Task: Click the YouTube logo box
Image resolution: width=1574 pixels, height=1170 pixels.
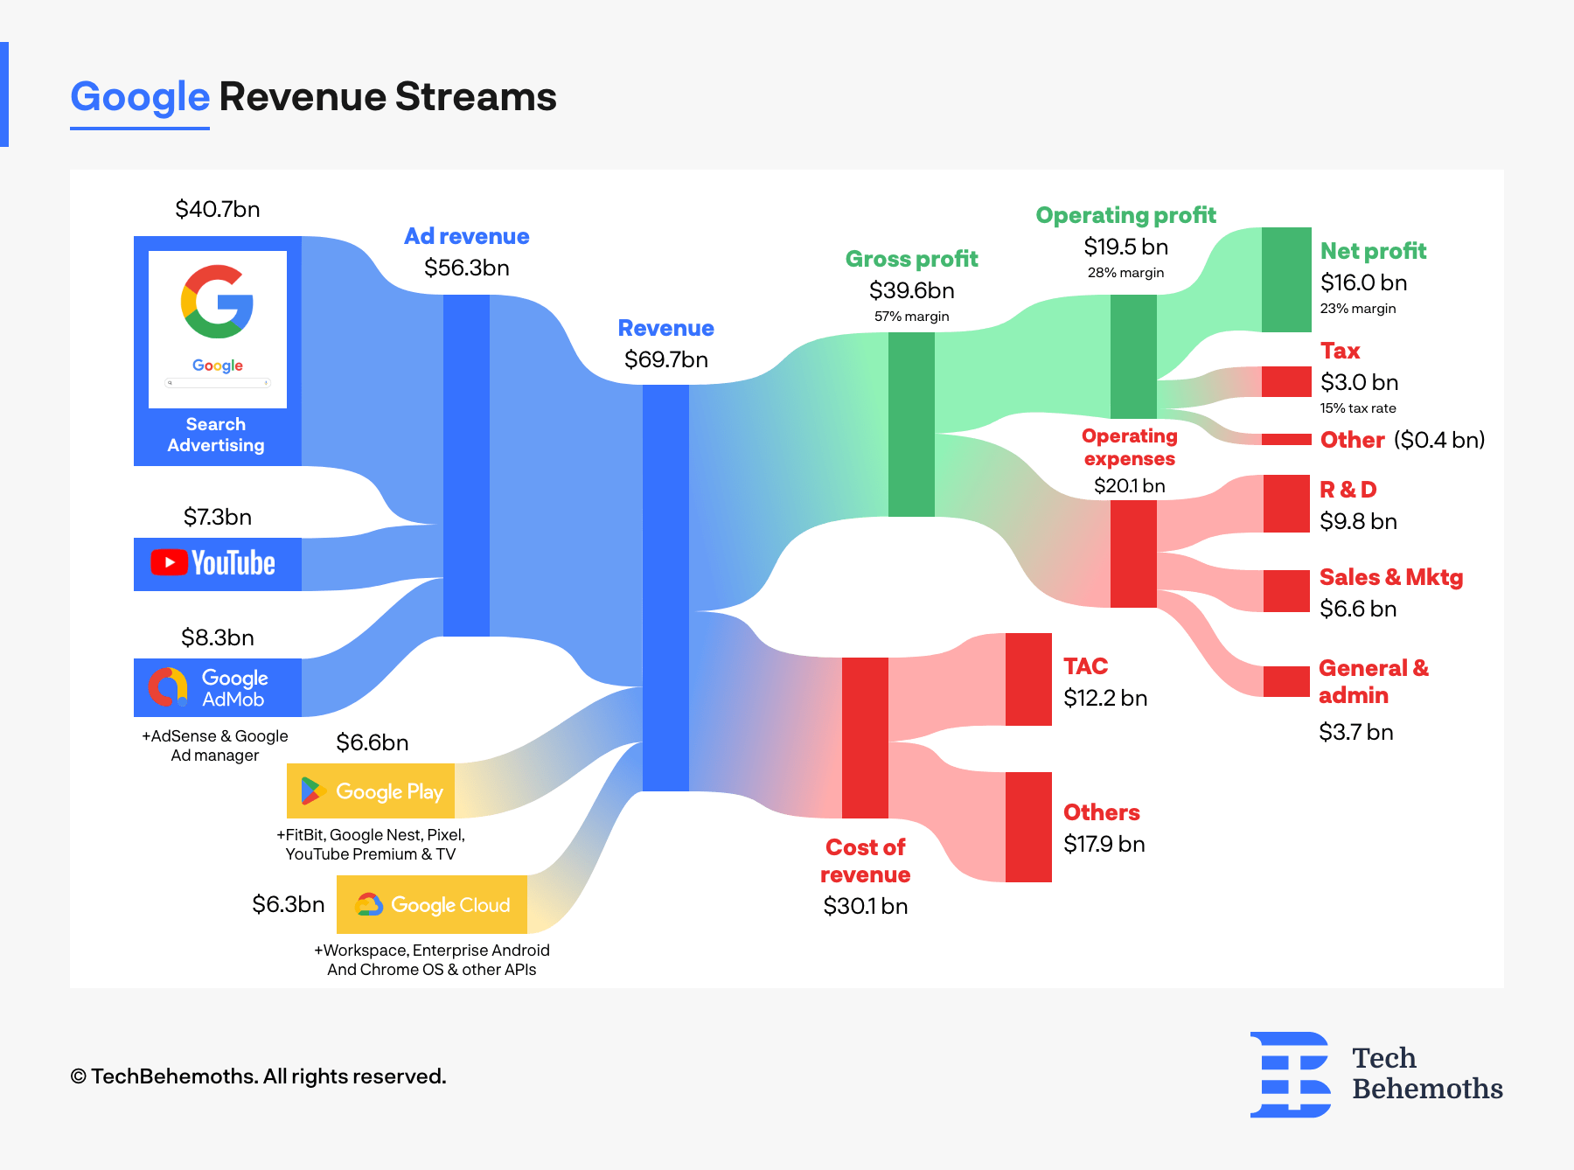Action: [217, 564]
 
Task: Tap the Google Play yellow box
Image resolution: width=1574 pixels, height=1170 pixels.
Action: [371, 790]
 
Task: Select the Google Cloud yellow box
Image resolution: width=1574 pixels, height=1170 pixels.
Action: [432, 904]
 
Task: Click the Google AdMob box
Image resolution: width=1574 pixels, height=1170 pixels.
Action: [217, 687]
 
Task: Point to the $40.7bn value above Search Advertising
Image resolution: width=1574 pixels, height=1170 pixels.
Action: [217, 209]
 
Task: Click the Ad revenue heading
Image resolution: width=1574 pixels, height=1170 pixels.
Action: [466, 236]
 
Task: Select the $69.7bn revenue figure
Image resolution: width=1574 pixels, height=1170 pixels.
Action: [665, 359]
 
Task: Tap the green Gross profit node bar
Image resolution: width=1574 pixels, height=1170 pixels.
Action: [911, 424]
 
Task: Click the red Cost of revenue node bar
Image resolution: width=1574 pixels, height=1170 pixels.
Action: [865, 737]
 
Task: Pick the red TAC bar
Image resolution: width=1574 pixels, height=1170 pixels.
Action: [1028, 679]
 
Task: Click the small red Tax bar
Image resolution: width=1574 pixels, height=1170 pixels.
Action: [1286, 381]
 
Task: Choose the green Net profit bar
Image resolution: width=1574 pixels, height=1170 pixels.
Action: [1286, 280]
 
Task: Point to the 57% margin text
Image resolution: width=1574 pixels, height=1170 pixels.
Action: [911, 317]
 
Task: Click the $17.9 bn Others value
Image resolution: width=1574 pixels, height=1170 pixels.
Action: [1104, 844]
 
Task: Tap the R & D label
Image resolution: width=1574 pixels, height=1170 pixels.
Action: [1348, 490]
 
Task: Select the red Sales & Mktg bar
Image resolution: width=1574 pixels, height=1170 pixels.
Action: [1286, 591]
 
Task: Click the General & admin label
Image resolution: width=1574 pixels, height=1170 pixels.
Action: [1373, 681]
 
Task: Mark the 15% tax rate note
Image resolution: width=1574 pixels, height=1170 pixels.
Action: [1357, 408]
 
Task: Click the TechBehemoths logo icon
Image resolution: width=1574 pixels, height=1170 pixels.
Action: [1290, 1075]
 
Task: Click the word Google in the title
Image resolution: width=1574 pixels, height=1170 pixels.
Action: [140, 96]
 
